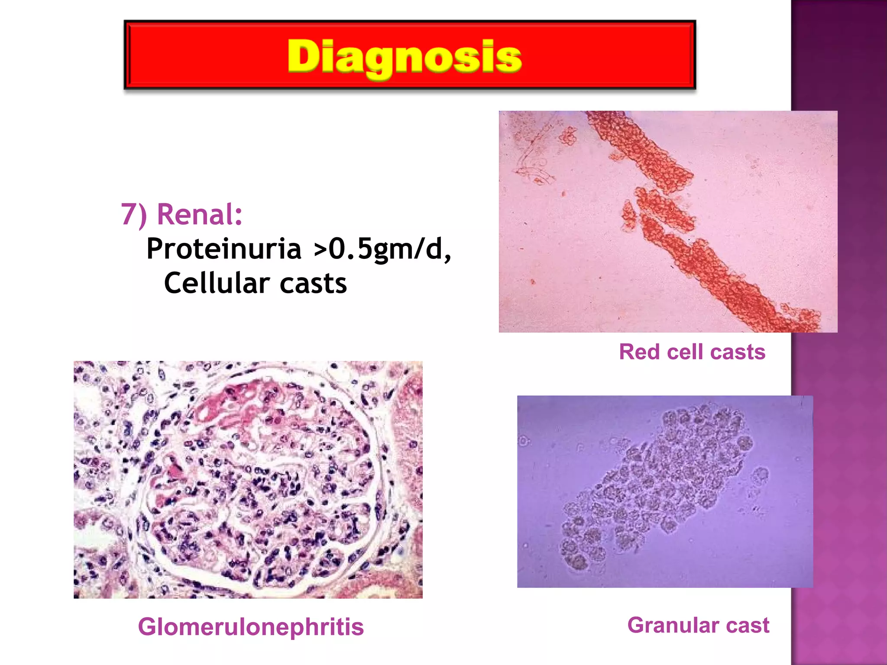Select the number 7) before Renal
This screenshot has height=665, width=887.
tap(133, 215)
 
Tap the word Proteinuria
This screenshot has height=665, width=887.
tap(223, 249)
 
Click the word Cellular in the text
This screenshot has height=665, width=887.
tap(217, 283)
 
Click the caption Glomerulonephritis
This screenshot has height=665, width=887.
tap(251, 626)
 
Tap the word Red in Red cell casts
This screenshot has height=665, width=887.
tap(639, 352)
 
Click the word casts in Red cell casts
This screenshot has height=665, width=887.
tap(738, 352)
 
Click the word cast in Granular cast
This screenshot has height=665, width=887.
tap(748, 625)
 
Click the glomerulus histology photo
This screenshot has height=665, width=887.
tap(248, 480)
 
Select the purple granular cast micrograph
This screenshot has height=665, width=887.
tap(665, 491)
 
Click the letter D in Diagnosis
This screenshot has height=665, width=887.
tap(303, 56)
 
